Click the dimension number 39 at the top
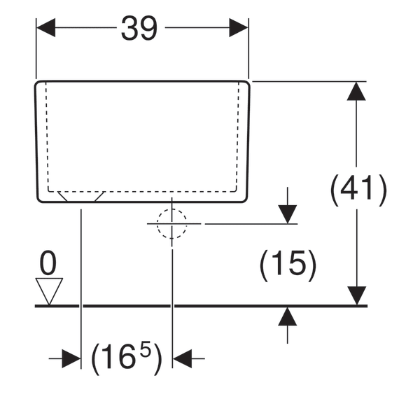(x=140, y=29)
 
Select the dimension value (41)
(x=358, y=190)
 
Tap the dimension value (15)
(x=288, y=266)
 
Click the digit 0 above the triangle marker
(x=48, y=264)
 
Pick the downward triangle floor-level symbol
(x=49, y=290)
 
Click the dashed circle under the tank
(x=172, y=224)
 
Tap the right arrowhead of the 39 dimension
(x=239, y=29)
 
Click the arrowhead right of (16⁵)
(x=183, y=358)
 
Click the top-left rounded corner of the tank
(x=40, y=85)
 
